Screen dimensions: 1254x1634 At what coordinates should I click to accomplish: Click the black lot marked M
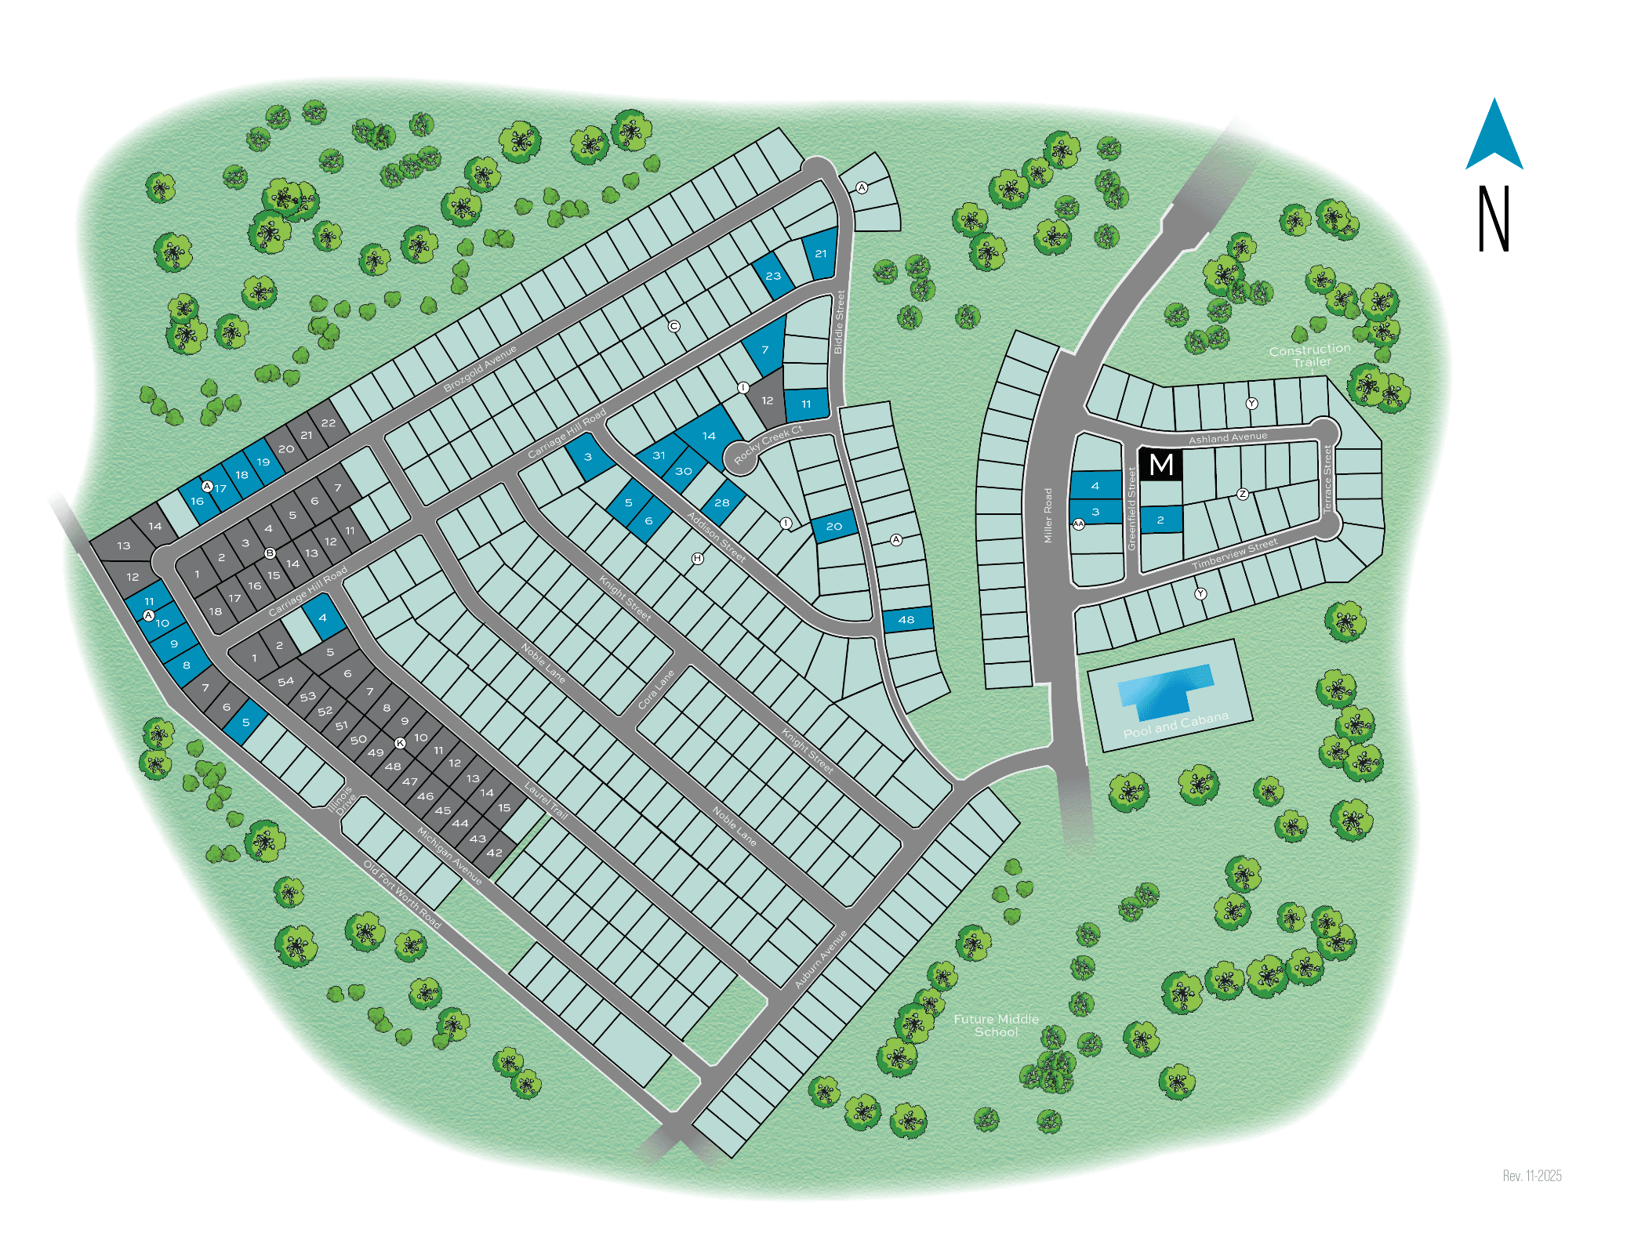(x=1160, y=464)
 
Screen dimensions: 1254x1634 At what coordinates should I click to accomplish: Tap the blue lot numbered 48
(x=906, y=619)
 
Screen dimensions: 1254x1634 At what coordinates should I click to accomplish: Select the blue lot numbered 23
(x=773, y=275)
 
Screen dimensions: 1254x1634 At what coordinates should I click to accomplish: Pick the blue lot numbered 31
(x=659, y=455)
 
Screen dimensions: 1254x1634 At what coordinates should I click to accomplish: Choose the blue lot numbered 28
(x=722, y=502)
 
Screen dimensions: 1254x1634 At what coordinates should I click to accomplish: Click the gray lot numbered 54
(x=285, y=681)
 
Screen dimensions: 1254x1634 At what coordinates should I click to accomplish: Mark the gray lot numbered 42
(x=494, y=853)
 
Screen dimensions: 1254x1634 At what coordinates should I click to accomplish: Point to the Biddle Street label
(x=839, y=321)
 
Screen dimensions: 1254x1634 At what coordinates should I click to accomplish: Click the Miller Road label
(x=1048, y=515)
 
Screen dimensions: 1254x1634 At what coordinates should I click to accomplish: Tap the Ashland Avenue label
(x=1227, y=437)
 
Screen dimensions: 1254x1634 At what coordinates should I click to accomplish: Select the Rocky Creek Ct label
(x=768, y=444)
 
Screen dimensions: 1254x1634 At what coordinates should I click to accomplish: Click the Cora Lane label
(x=655, y=689)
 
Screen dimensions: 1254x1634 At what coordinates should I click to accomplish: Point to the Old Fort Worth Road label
(x=401, y=893)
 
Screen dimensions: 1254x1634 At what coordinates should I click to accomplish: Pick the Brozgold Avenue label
(x=480, y=368)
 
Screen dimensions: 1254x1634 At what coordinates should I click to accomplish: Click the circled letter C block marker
(x=674, y=326)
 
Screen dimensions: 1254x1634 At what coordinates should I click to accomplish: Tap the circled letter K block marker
(x=400, y=742)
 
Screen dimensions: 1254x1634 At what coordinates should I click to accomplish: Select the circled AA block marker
(x=1079, y=524)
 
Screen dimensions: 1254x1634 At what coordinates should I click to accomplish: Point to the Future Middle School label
(x=996, y=1025)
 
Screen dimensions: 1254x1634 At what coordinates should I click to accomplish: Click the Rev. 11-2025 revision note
(x=1531, y=1176)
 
